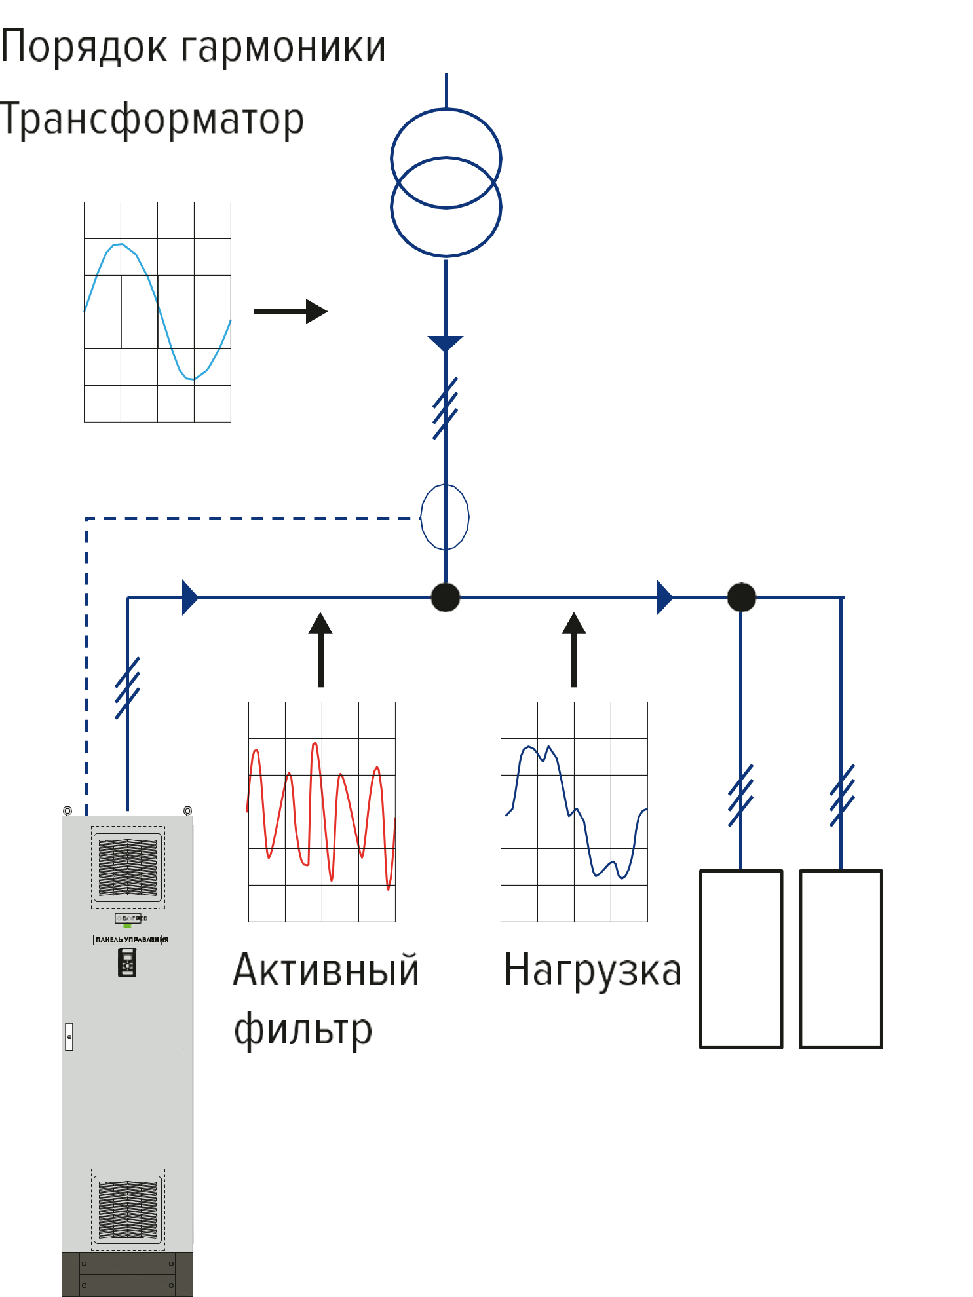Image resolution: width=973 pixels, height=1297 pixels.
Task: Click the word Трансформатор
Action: coord(152,120)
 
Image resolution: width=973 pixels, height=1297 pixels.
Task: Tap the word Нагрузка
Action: coord(593,970)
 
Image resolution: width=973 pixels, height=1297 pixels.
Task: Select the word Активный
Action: coord(326,970)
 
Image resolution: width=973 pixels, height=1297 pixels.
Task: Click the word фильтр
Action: coord(303,1030)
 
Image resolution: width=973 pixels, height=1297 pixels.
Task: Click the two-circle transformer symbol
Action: coord(446,182)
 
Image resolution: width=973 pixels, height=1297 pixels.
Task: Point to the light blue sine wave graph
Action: coord(157,312)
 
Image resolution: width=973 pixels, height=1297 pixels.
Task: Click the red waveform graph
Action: coord(322,812)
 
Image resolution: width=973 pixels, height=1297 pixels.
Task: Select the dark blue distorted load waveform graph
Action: coord(574,812)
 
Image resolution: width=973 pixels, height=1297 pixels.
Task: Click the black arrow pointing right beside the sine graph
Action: coord(291,311)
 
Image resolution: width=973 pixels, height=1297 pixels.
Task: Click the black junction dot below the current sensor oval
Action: coord(446,597)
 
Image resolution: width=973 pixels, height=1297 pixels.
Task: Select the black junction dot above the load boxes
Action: coord(742,597)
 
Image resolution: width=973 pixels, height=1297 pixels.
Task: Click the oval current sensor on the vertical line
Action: coord(445,517)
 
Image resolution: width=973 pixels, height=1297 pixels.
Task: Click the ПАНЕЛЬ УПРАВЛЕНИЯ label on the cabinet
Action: coord(128,939)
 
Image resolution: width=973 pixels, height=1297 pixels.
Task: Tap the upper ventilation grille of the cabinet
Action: coord(128,867)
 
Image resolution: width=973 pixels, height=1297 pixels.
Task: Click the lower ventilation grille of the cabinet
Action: coord(128,1210)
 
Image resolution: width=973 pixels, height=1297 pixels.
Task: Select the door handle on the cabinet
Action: coord(69,1036)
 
